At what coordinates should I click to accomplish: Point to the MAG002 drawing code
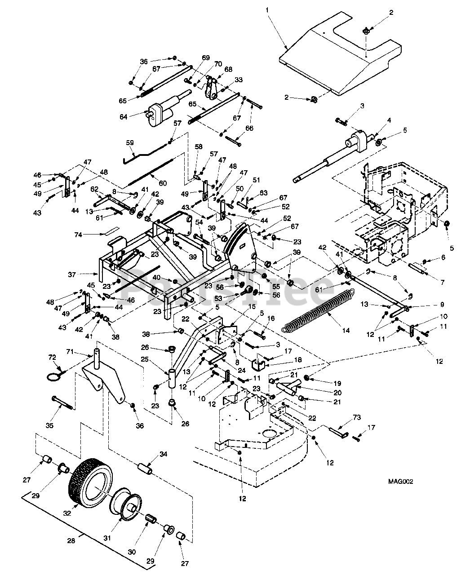[x=401, y=482]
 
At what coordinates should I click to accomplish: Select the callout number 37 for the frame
[x=83, y=274]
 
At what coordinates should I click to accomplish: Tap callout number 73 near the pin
[x=357, y=418]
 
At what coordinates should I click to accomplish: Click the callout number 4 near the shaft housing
[x=389, y=120]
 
